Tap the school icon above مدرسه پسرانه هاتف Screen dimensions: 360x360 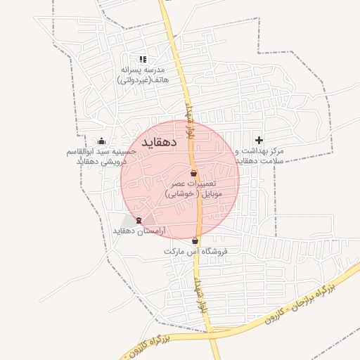click(x=143, y=60)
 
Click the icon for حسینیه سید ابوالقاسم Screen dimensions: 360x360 click(x=102, y=141)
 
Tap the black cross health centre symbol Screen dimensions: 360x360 click(x=259, y=141)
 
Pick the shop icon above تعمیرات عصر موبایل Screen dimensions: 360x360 click(x=194, y=173)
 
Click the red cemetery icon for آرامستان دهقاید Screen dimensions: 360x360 click(x=139, y=220)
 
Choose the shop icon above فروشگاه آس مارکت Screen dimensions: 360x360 click(x=195, y=241)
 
